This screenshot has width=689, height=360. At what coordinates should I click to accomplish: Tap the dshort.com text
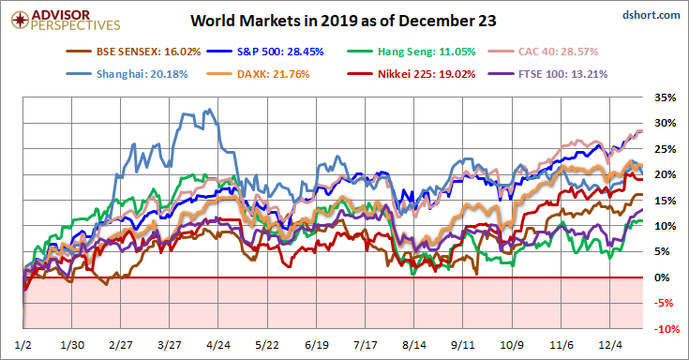(x=652, y=15)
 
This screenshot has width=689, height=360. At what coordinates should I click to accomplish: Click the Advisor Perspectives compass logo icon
(x=20, y=20)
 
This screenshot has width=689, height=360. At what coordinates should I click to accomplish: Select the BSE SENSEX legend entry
(x=133, y=52)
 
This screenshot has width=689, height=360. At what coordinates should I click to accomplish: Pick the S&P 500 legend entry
(x=265, y=52)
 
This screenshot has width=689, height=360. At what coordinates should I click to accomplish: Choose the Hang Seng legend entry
(x=412, y=52)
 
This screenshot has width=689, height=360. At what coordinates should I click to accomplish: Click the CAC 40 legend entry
(x=543, y=52)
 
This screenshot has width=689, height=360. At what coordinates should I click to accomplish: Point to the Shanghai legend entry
(x=127, y=74)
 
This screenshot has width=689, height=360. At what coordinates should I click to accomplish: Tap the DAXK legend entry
(x=258, y=74)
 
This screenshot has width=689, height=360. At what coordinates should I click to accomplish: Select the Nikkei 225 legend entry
(x=412, y=74)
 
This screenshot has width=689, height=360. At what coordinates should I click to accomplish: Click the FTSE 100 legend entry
(x=548, y=74)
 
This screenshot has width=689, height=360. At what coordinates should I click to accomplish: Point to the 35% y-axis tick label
(x=666, y=97)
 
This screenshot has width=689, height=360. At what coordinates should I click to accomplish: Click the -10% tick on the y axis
(x=666, y=329)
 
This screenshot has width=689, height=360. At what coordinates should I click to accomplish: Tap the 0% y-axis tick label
(x=663, y=277)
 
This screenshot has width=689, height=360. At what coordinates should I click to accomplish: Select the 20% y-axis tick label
(x=666, y=174)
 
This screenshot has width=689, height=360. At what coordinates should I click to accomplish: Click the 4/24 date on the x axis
(x=218, y=345)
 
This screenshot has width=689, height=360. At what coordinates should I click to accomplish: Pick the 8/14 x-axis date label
(x=414, y=345)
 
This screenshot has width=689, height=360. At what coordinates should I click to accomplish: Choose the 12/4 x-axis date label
(x=610, y=345)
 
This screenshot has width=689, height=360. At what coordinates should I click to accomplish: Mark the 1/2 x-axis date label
(x=22, y=345)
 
